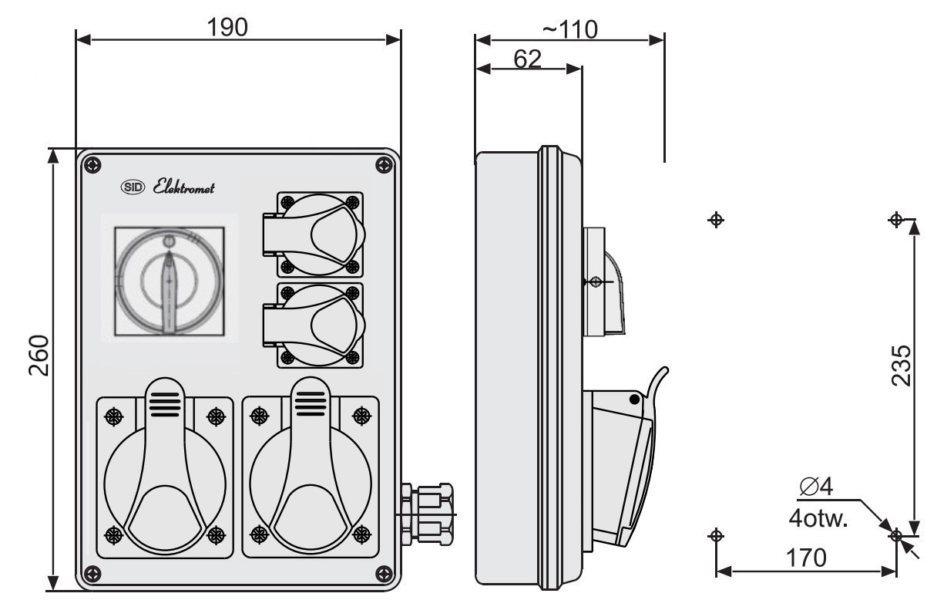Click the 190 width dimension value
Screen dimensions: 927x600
(227, 28)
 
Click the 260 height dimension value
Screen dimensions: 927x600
(39, 356)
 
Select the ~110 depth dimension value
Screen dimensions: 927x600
(570, 29)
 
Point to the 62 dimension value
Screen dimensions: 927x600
(527, 59)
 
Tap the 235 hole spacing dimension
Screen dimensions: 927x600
(901, 366)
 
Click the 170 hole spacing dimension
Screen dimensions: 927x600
(806, 558)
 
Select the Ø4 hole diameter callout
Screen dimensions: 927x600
(816, 486)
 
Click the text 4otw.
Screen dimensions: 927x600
(818, 518)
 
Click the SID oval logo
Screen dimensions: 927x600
(133, 187)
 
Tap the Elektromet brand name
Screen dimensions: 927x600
(183, 187)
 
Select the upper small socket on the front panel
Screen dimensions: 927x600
(314, 234)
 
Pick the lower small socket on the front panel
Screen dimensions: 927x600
(314, 325)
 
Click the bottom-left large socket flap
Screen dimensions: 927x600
(165, 468)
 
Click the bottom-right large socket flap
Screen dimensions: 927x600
(311, 468)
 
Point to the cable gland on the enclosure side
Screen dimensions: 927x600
(426, 514)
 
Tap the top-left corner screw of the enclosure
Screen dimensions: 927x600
(92, 166)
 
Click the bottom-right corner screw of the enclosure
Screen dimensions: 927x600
(384, 574)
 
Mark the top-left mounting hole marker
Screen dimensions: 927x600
(716, 220)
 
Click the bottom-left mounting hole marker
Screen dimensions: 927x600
(716, 536)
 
